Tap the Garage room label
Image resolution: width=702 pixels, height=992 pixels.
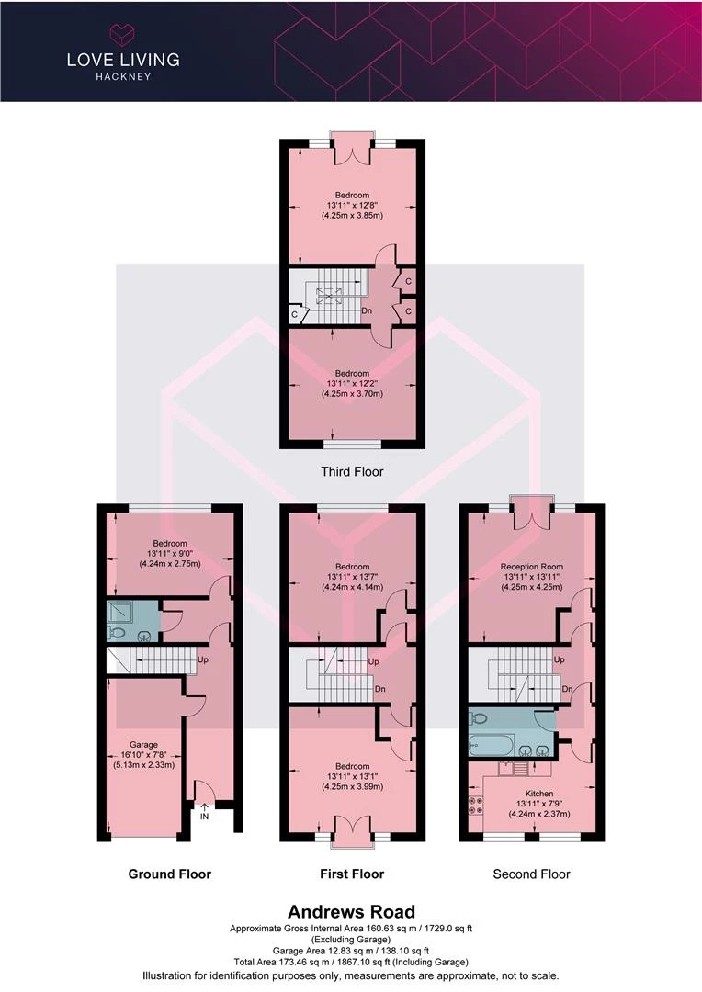143,745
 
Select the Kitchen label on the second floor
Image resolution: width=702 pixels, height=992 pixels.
539,794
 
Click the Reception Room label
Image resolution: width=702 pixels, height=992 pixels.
532,567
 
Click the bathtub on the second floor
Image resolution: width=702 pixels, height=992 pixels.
492,745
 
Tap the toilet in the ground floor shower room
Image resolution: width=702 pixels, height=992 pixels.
116,631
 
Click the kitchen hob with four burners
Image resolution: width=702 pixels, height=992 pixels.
475,805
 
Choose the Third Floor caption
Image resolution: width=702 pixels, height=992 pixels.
352,471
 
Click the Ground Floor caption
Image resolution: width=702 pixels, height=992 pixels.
170,874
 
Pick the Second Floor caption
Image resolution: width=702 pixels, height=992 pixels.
532,874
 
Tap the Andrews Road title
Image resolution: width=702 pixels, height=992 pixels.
351,912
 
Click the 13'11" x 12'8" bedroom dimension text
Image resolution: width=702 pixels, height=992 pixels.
352,206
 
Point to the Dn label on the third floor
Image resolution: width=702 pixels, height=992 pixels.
367,311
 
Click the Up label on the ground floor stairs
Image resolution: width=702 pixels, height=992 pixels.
203,659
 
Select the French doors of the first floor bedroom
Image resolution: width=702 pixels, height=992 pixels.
352,827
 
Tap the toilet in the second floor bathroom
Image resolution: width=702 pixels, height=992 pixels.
478,717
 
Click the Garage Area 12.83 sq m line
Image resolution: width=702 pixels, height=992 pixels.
351,951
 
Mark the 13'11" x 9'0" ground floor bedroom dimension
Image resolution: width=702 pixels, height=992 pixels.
170,554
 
